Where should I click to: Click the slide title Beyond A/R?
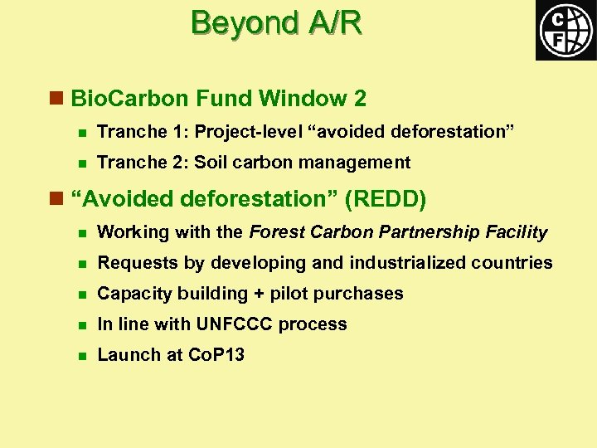tap(276, 23)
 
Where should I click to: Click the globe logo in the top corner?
tap(565, 31)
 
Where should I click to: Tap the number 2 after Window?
tap(359, 99)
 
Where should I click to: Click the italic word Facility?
tap(520, 232)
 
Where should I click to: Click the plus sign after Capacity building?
tap(262, 294)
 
